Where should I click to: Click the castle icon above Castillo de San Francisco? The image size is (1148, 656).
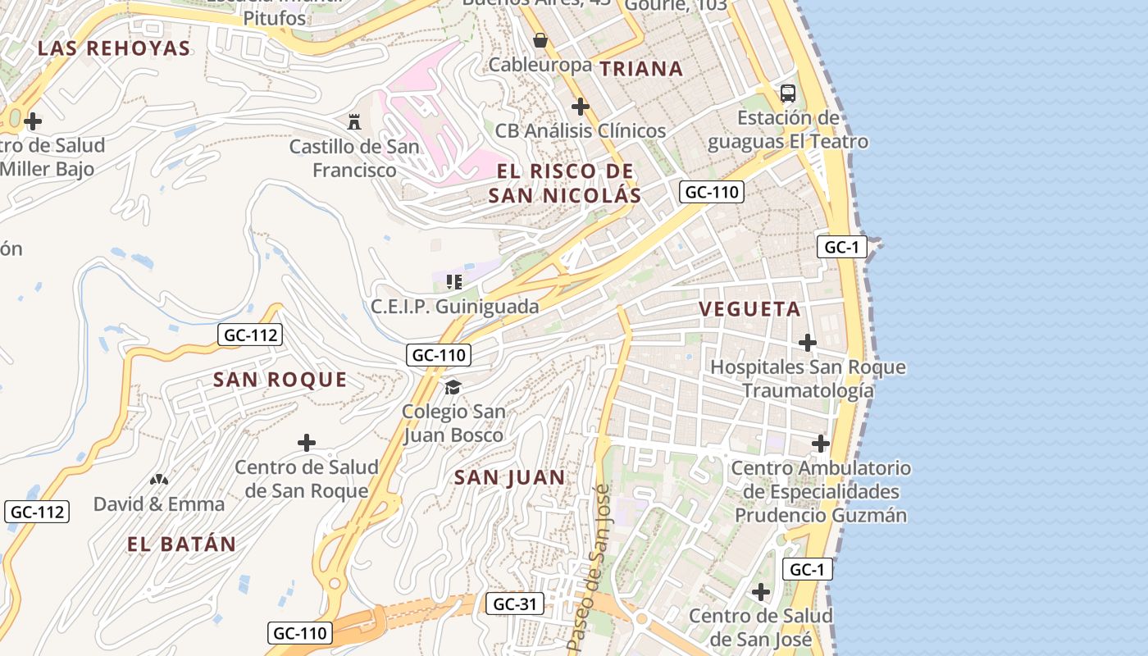click(x=354, y=122)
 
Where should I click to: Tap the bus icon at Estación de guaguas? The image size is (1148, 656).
click(x=787, y=93)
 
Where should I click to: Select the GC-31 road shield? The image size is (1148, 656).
click(x=514, y=604)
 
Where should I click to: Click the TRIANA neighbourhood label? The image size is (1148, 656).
click(x=641, y=69)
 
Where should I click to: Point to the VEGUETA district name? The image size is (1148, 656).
click(x=749, y=309)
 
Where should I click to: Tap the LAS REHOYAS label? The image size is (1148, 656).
click(x=114, y=48)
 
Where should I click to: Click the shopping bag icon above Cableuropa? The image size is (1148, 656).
click(x=540, y=40)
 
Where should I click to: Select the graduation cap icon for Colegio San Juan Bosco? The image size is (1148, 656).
click(x=453, y=387)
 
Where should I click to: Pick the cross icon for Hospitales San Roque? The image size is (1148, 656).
click(x=808, y=342)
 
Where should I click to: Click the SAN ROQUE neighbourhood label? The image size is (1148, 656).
click(x=280, y=380)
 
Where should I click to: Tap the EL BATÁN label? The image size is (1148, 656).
click(x=181, y=544)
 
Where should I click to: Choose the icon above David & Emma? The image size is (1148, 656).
click(x=159, y=479)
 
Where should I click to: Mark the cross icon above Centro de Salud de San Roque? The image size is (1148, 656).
click(x=306, y=443)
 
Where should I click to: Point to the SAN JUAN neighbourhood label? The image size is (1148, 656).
click(x=509, y=477)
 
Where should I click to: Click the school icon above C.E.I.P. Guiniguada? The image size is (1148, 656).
click(x=453, y=282)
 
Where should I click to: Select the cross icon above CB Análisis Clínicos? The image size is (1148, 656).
click(x=581, y=107)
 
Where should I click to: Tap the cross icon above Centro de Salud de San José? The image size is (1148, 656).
click(x=761, y=591)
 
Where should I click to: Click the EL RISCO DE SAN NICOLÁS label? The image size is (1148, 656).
click(x=565, y=183)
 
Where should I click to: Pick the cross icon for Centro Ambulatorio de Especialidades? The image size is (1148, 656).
click(x=821, y=444)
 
